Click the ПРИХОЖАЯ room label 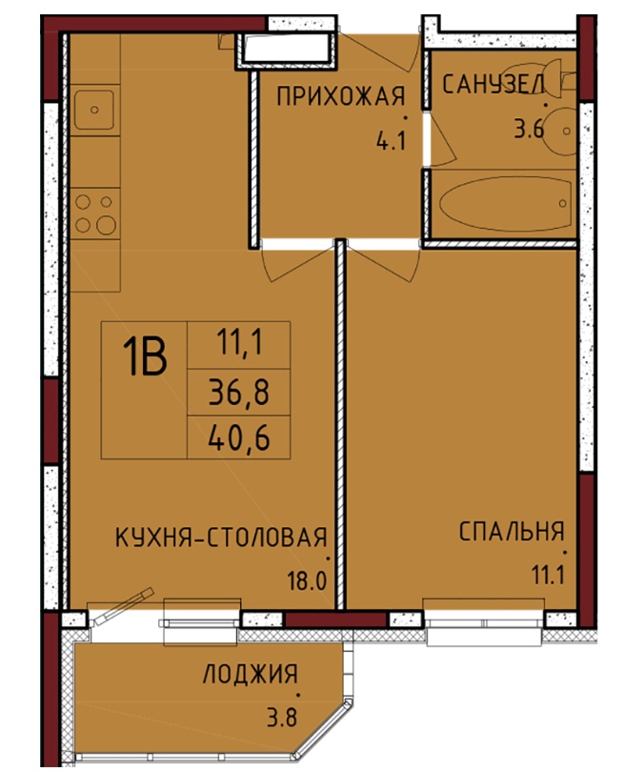(340, 96)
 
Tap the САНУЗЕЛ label (494, 84)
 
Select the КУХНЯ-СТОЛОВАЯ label (221, 537)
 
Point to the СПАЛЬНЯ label (512, 532)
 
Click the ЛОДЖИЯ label (251, 674)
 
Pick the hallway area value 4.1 (391, 141)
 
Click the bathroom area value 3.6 (528, 130)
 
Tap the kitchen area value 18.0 (308, 581)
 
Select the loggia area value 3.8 (282, 718)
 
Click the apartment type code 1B (145, 358)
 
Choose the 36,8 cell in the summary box (239, 393)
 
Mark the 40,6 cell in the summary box (239, 437)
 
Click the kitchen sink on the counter (94, 110)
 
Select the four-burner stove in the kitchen (95, 213)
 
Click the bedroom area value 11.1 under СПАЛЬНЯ (547, 575)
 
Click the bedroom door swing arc (389, 263)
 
